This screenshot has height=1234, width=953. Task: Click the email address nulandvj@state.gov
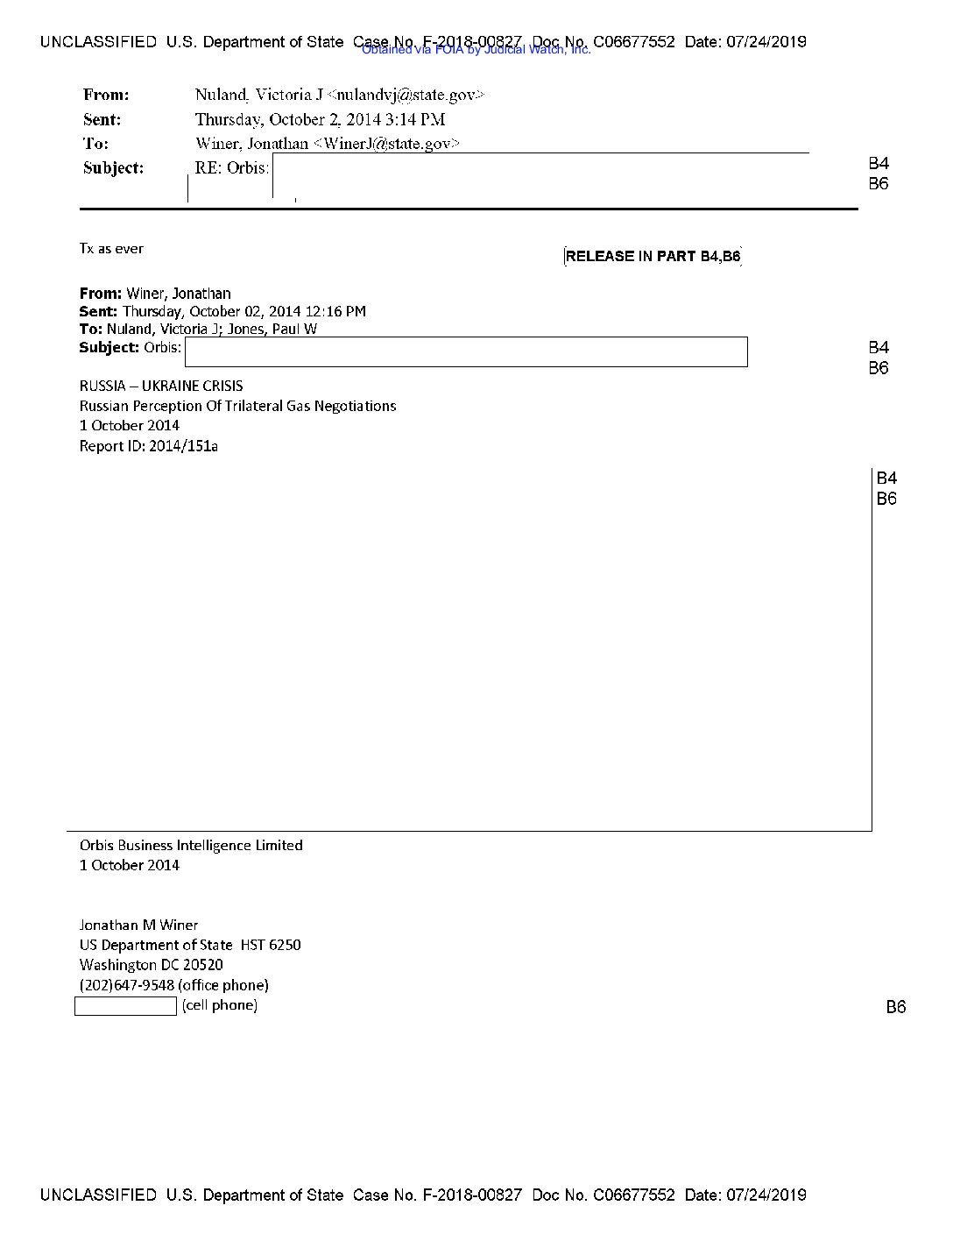coord(405,95)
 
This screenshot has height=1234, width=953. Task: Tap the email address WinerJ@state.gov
coord(386,144)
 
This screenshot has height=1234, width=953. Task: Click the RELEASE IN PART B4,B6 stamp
coord(653,256)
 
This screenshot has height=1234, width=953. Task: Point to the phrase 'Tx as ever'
coord(111,249)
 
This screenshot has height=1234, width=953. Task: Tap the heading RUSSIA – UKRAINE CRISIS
coord(161,386)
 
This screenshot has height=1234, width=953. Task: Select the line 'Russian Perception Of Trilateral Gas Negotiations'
coord(237,406)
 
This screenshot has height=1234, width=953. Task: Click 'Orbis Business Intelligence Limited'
coord(191,845)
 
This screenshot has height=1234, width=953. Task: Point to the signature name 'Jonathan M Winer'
coord(138,925)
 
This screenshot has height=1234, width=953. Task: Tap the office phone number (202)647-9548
coord(126,985)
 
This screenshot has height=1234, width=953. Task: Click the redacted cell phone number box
coord(125,1006)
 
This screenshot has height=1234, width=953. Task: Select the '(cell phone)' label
coord(220,1005)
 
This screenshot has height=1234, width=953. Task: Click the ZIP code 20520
coord(203,965)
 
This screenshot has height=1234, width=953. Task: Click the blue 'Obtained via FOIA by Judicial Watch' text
coord(476,50)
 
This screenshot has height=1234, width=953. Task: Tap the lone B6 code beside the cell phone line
coord(895,1007)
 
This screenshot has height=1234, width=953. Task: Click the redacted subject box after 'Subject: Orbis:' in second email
coord(466,351)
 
